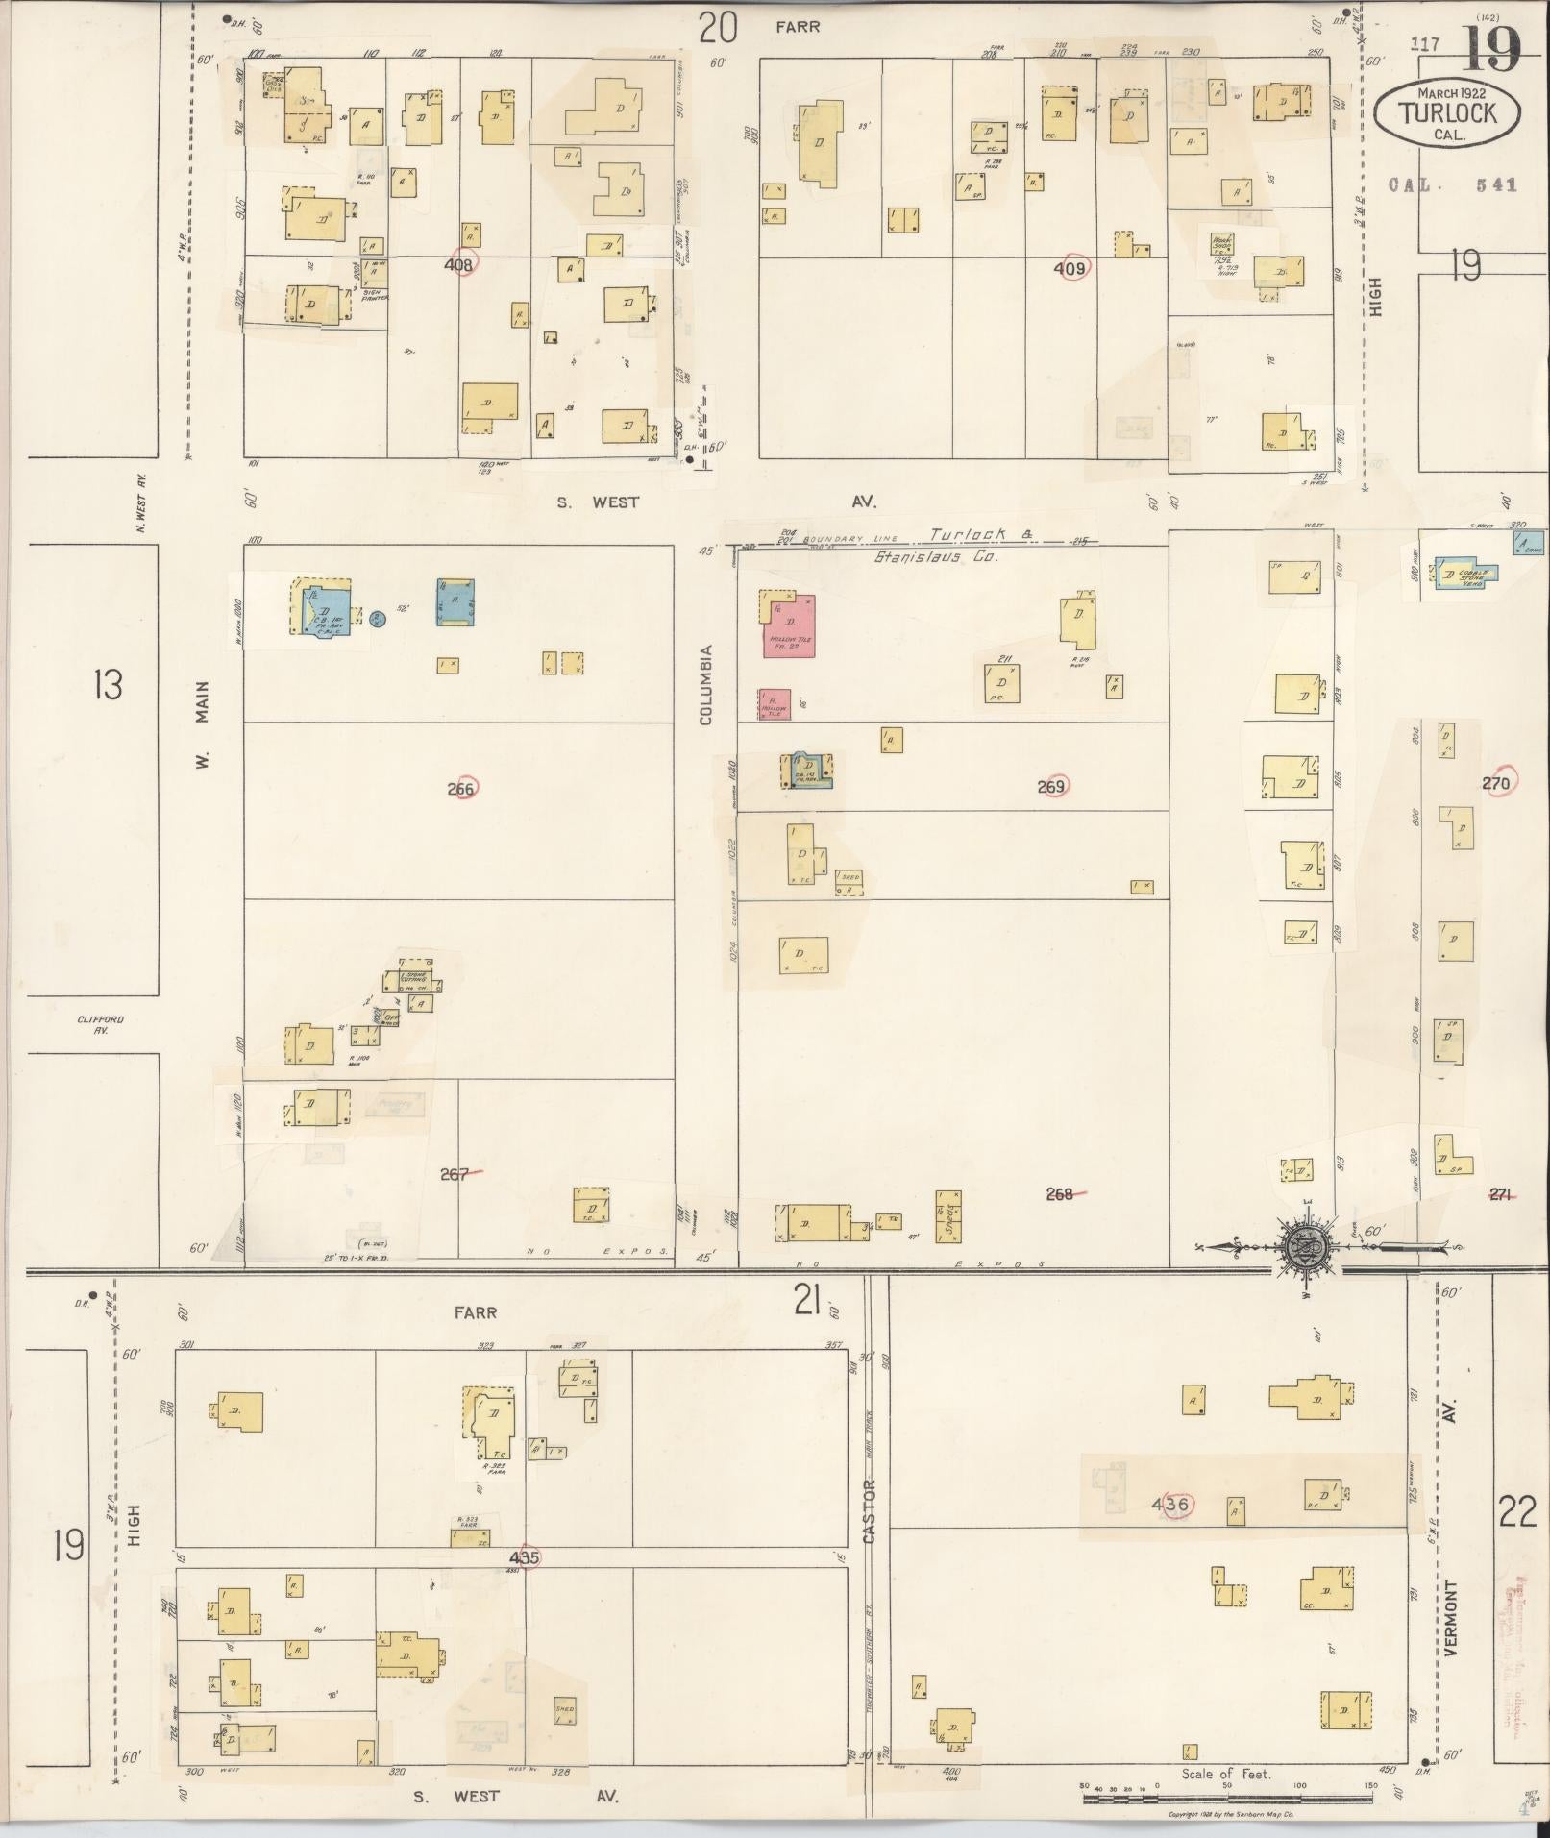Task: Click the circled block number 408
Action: click(460, 264)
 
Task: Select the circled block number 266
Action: click(462, 789)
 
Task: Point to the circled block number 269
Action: click(1053, 787)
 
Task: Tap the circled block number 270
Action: click(1495, 783)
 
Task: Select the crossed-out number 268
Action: click(1062, 1194)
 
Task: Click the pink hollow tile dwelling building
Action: click(789, 626)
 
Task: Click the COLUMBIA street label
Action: click(705, 684)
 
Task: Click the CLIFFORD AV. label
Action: click(101, 1024)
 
